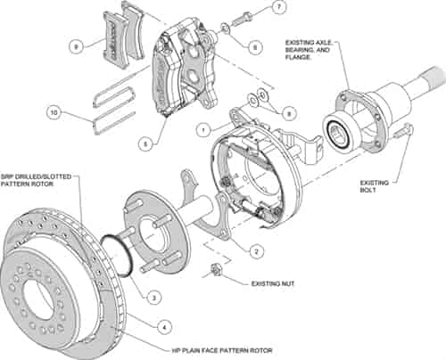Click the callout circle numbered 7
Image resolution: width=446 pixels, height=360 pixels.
tap(278, 8)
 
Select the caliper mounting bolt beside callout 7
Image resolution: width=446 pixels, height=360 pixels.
tap(242, 17)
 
